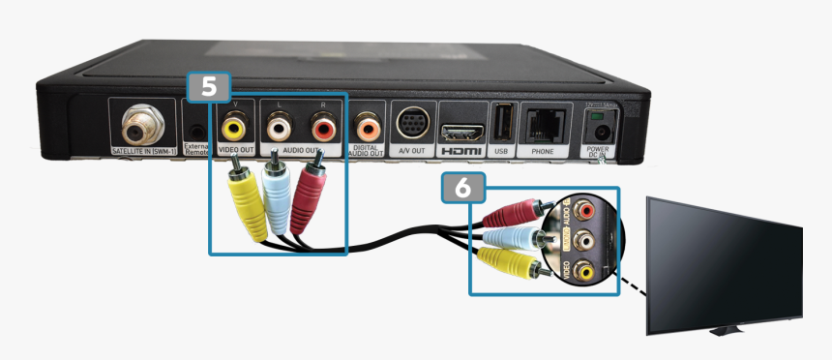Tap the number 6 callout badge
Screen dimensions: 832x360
462,188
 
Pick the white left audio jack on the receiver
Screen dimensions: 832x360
280,126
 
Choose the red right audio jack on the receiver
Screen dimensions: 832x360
322,126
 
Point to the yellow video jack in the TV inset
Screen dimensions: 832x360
583,272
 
